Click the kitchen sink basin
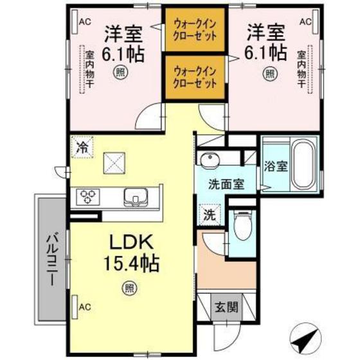[x=137, y=195]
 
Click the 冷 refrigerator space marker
[x=82, y=147]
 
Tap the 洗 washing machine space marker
[x=210, y=215]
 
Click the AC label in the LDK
[x=84, y=307]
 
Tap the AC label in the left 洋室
[x=84, y=21]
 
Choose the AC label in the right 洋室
[x=305, y=21]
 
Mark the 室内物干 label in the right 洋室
[x=301, y=71]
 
